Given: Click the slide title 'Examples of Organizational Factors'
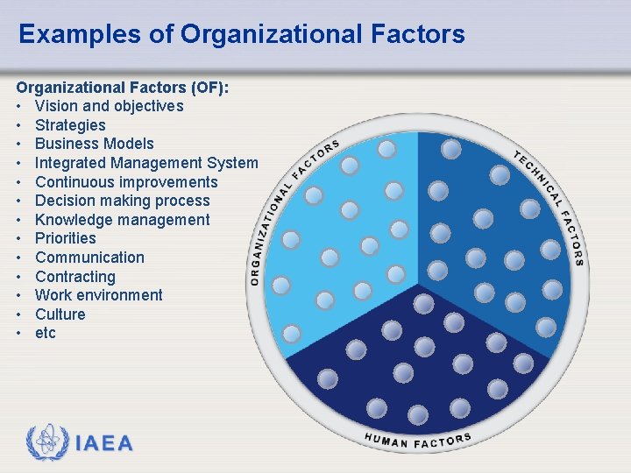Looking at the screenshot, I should coord(241,35).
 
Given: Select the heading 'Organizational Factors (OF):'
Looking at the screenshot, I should coord(123,88).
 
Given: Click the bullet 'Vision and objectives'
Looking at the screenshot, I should coord(109,106).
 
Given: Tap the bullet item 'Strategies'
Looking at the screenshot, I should coord(70,125).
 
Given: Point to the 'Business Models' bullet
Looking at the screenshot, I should coord(94,144).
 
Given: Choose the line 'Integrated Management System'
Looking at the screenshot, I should coord(146,163).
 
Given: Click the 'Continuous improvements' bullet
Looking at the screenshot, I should coord(126,182).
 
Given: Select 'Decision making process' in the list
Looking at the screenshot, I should coord(123,201).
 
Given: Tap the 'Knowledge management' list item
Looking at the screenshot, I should coord(122,220).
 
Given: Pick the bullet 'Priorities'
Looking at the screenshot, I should coord(66,238).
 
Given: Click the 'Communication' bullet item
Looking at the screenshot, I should coord(89,258).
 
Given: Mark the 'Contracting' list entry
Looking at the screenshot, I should coord(75,277).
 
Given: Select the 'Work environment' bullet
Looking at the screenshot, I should coord(99,295).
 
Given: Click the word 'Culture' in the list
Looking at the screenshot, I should coord(60,314).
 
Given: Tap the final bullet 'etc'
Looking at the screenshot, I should coord(46,333).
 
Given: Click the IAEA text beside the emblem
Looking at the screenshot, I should coord(104,443).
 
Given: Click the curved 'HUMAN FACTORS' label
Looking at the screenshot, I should coord(418,441).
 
